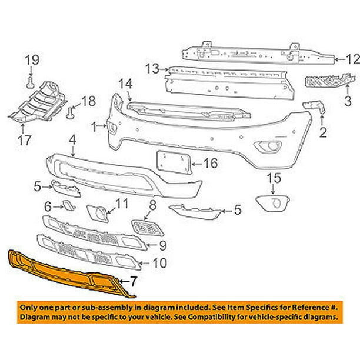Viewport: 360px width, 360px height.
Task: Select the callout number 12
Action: click(351, 59)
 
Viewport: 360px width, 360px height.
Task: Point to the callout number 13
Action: click(152, 68)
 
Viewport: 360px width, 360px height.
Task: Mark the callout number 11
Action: click(121, 204)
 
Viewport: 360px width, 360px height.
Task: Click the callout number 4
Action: click(72, 140)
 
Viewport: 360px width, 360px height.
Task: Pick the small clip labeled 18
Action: click(71, 109)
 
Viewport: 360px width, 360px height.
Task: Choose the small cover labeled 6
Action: click(67, 206)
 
